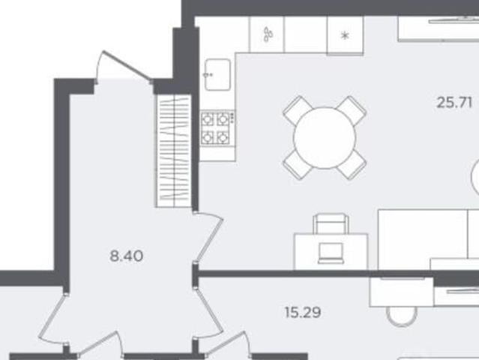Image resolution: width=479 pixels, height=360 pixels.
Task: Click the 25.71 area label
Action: (454, 103)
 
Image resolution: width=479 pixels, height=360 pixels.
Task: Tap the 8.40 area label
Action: (127, 256)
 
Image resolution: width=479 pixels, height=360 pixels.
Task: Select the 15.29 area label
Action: (303, 312)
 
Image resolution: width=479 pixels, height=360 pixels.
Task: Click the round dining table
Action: (325, 137)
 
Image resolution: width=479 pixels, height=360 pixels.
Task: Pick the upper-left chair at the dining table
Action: (298, 109)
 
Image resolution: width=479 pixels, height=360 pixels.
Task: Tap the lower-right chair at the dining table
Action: (352, 165)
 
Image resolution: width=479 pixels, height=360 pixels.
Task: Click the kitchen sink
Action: (217, 74)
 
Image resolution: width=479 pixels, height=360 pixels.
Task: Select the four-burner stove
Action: (218, 127)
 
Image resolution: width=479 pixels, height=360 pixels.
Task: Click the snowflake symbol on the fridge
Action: (345, 36)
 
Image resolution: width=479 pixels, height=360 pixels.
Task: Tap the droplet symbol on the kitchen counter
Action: (268, 34)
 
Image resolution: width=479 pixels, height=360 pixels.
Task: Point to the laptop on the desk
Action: (331, 253)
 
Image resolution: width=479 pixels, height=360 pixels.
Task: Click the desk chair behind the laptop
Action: (331, 223)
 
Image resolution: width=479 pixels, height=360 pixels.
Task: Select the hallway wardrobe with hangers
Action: (174, 151)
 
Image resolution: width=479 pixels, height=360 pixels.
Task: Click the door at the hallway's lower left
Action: (52, 318)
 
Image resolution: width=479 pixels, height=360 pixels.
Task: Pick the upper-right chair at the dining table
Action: (352, 110)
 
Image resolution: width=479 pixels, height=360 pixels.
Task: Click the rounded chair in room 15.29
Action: (402, 316)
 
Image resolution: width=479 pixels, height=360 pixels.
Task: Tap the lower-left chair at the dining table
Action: (298, 165)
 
